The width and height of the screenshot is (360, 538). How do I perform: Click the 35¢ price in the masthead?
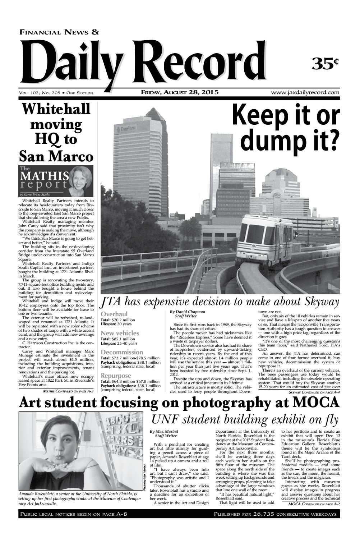[x=326, y=63]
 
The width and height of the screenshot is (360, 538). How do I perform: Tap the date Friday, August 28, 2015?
[x=180, y=92]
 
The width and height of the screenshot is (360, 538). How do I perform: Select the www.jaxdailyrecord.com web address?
[x=305, y=92]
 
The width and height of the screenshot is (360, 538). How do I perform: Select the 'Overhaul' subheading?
[x=114, y=314]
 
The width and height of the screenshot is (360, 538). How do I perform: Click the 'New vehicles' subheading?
[x=120, y=333]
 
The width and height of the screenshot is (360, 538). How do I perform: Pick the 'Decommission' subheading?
[x=122, y=352]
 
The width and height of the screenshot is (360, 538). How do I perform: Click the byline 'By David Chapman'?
[x=188, y=312]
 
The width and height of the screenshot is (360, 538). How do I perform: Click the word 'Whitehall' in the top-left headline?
[x=56, y=109]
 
